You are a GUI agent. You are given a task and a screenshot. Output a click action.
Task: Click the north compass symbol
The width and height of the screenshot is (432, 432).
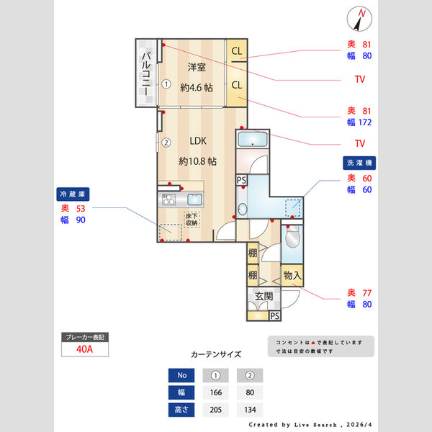[x=360, y=16]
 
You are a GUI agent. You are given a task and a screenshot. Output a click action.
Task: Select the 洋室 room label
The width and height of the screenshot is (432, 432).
[x=197, y=68]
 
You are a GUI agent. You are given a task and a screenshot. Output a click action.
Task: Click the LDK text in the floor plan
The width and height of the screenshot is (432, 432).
[x=198, y=141]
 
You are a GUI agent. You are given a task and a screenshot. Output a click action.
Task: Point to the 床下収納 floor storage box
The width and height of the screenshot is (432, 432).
[x=192, y=220]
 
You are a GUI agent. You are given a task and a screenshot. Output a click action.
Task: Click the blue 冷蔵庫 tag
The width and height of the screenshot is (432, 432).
[x=73, y=194]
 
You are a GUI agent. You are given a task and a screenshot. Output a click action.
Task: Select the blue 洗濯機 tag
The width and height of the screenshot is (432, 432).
[x=358, y=163]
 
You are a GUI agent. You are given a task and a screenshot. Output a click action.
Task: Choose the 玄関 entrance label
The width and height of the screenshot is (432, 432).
[x=264, y=296]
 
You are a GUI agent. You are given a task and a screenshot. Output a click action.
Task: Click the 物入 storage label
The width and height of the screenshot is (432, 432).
[x=292, y=275]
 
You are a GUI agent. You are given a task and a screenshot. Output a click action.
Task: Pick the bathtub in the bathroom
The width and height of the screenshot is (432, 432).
[x=252, y=139]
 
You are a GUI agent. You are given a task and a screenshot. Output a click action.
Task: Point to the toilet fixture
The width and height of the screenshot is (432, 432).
[x=292, y=238]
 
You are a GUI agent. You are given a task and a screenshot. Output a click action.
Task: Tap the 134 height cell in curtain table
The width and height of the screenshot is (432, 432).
[x=250, y=410]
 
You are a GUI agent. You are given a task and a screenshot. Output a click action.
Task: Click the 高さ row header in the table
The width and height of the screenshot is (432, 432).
[x=181, y=410]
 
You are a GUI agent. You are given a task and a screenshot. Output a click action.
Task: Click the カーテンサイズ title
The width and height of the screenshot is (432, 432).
[x=216, y=354]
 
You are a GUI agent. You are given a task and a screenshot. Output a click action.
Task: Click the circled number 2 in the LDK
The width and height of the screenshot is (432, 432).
[x=166, y=143]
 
